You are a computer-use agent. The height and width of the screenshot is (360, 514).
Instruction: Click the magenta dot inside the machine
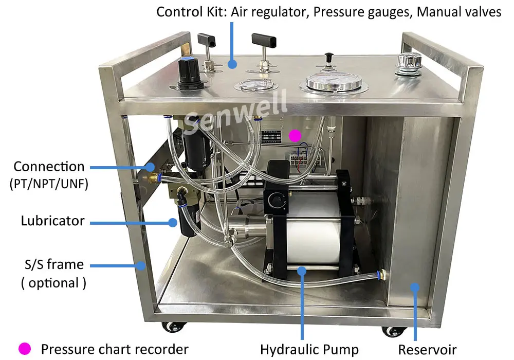click(x=295, y=135)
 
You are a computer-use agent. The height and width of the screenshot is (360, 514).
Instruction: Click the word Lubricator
click(x=52, y=221)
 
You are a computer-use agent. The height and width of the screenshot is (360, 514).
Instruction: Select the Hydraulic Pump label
click(x=309, y=349)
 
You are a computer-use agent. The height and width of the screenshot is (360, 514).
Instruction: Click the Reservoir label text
click(x=427, y=349)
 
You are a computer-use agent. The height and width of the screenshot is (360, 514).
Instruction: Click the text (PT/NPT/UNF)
click(x=49, y=184)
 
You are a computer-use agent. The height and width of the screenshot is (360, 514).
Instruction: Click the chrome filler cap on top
click(x=408, y=65)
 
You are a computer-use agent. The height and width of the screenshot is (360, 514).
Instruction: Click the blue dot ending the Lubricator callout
click(x=173, y=222)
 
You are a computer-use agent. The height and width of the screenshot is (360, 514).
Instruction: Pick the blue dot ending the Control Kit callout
click(x=232, y=64)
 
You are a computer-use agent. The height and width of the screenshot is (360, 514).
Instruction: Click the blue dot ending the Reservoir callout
click(x=415, y=287)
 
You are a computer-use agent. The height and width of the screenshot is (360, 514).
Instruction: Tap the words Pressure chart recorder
click(x=115, y=349)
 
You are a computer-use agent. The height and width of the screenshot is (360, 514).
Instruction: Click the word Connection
click(x=49, y=167)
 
